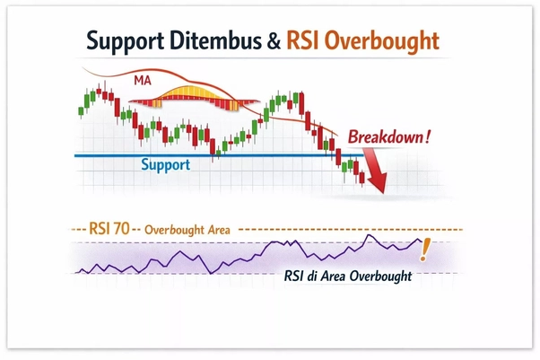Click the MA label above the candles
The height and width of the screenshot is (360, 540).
[x=141, y=81]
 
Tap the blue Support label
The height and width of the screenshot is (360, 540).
[x=166, y=165]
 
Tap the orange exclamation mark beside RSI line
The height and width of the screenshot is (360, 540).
[x=425, y=249]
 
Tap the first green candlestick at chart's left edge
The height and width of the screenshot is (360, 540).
[x=81, y=110]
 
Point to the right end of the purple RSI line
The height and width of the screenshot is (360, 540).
[x=419, y=240]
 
